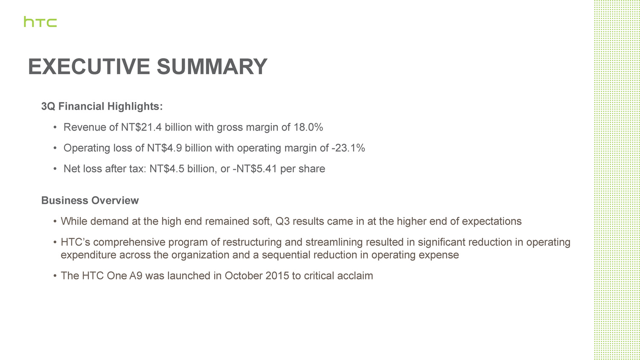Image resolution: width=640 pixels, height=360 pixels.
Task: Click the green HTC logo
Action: pyautogui.click(x=40, y=22)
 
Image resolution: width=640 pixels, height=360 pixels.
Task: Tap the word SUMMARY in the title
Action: pyautogui.click(x=212, y=67)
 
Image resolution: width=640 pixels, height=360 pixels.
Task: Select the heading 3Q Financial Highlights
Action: pyautogui.click(x=102, y=106)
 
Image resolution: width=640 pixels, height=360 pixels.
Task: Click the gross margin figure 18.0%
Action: pyautogui.click(x=308, y=127)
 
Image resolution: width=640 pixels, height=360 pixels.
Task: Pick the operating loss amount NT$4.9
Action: pyautogui.click(x=164, y=148)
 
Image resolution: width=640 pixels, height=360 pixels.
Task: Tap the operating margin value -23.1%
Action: pyautogui.click(x=348, y=148)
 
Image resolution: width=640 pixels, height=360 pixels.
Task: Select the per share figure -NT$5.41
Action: pyautogui.click(x=255, y=169)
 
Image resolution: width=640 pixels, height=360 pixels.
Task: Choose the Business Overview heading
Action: pyautogui.click(x=90, y=200)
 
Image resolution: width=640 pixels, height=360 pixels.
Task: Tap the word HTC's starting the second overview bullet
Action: pyautogui.click(x=76, y=242)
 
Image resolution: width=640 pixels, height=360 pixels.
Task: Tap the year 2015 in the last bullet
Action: pyautogui.click(x=277, y=276)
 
